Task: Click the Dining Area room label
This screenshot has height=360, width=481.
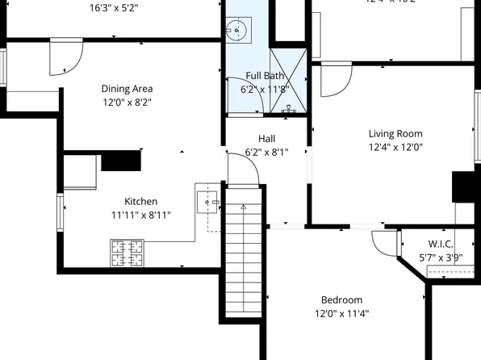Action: coord(127,89)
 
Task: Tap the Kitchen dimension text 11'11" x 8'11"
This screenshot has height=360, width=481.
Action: coord(140,216)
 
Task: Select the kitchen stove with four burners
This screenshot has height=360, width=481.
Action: coord(127,253)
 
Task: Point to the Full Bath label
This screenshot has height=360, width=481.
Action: coord(265,76)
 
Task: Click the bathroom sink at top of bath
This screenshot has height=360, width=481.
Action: coord(239,32)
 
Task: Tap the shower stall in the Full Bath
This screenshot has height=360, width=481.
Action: coord(288,81)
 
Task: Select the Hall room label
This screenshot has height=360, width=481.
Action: coord(266,138)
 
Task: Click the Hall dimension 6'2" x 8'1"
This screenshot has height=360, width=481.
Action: coord(266,152)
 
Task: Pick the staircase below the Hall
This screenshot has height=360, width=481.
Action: coord(243,258)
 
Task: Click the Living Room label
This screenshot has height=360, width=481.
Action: coord(395,134)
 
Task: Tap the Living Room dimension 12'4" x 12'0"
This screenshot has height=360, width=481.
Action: coord(395,148)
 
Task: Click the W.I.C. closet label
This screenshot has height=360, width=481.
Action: coord(440,244)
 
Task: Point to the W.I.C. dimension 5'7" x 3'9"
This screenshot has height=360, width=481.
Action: coord(440,257)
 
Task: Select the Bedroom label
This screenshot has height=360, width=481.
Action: coord(341,299)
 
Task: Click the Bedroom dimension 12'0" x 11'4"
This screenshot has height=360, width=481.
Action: coord(341,313)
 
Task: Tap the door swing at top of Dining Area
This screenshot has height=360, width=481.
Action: coord(65,56)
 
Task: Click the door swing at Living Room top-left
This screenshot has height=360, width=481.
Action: coord(335,79)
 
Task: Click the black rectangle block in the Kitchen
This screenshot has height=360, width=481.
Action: coord(121,160)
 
